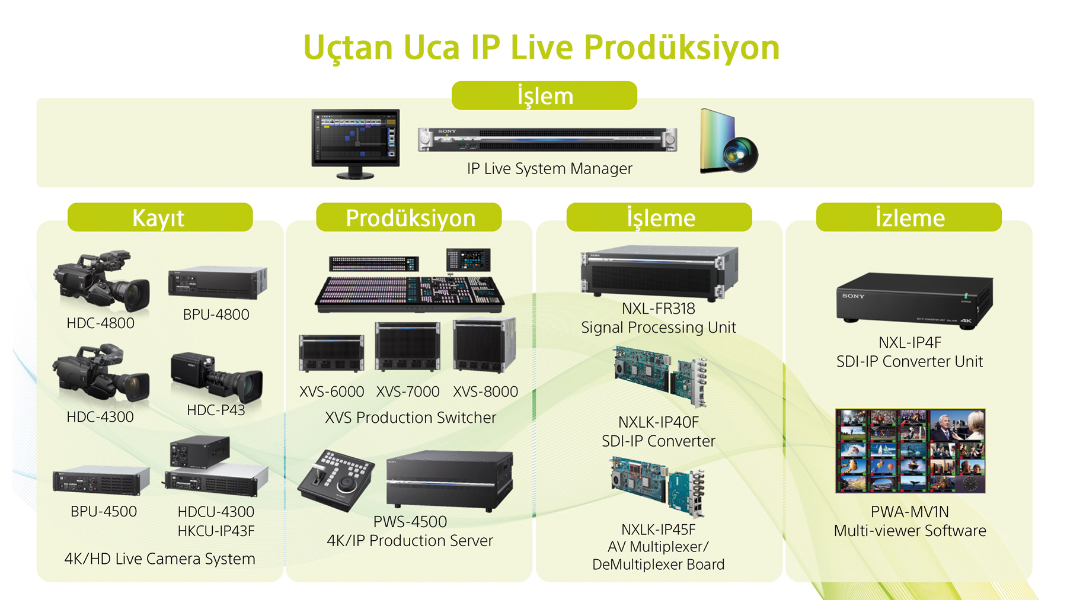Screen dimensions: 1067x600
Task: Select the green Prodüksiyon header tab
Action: [x=409, y=217]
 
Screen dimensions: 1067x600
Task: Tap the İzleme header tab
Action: [x=909, y=217]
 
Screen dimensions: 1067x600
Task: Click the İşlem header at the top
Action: [x=544, y=95]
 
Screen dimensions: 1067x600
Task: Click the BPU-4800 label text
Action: [x=216, y=315]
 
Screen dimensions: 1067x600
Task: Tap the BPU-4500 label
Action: [x=104, y=511]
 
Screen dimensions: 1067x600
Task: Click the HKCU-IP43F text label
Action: [x=216, y=531]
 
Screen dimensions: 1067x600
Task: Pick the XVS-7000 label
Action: [x=408, y=392]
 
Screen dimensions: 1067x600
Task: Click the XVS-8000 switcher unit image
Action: [x=484, y=345]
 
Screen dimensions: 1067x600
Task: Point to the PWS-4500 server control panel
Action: [x=336, y=480]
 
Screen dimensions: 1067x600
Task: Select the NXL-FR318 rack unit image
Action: [x=659, y=272]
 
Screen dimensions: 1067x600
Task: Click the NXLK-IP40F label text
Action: [x=659, y=422]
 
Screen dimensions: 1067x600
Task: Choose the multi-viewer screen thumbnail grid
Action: [x=911, y=451]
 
